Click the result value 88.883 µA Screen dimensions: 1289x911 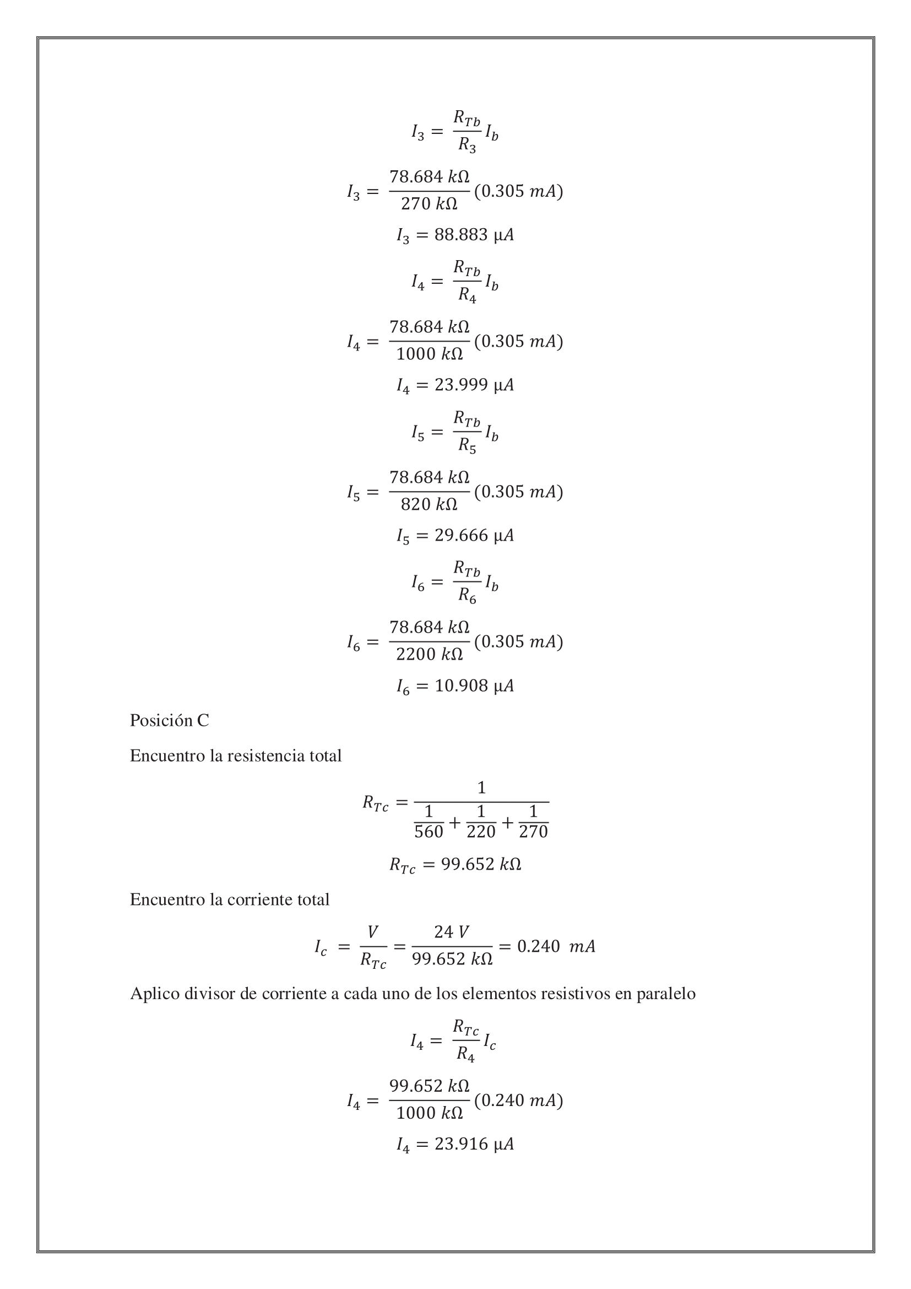[x=474, y=235]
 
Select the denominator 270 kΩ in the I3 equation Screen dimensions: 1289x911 [x=429, y=204]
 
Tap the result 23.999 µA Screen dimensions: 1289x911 [x=474, y=385]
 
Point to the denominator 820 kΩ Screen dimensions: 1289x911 [x=429, y=505]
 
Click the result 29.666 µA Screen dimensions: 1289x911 [x=474, y=536]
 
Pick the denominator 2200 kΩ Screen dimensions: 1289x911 [x=429, y=655]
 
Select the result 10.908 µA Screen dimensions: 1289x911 [x=474, y=686]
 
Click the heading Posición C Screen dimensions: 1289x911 [x=170, y=720]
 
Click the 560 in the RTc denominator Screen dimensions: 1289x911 [x=429, y=832]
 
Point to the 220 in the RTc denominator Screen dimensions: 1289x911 [x=481, y=832]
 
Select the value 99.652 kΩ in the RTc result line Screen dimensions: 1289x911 [x=481, y=864]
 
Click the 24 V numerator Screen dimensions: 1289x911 [x=452, y=932]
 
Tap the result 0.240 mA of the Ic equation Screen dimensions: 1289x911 [x=556, y=947]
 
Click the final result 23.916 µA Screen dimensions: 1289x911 [x=474, y=1144]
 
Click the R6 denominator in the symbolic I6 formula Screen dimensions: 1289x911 [x=467, y=596]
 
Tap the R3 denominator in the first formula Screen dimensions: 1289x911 [x=467, y=145]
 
